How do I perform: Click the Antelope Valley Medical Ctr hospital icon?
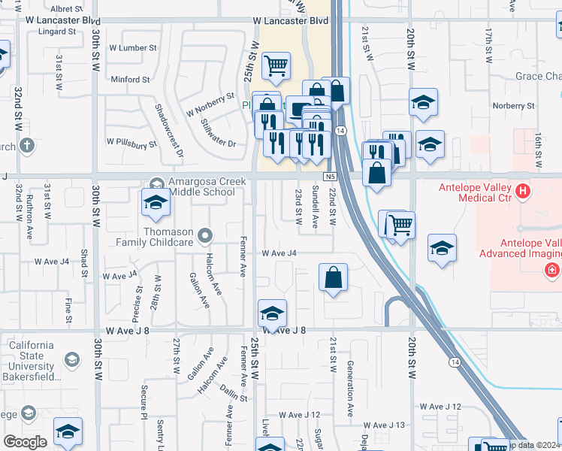point(524,193)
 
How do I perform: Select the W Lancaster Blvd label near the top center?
point(292,21)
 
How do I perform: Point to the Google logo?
point(25,442)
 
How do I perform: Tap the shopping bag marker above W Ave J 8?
point(333,277)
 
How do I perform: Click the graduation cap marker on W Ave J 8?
point(272,313)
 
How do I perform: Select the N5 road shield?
point(330,176)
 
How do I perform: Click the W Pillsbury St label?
point(131,141)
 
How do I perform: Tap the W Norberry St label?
point(211,104)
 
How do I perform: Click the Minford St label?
point(130,80)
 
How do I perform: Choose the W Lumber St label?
point(132,47)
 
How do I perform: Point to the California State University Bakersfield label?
point(32,360)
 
